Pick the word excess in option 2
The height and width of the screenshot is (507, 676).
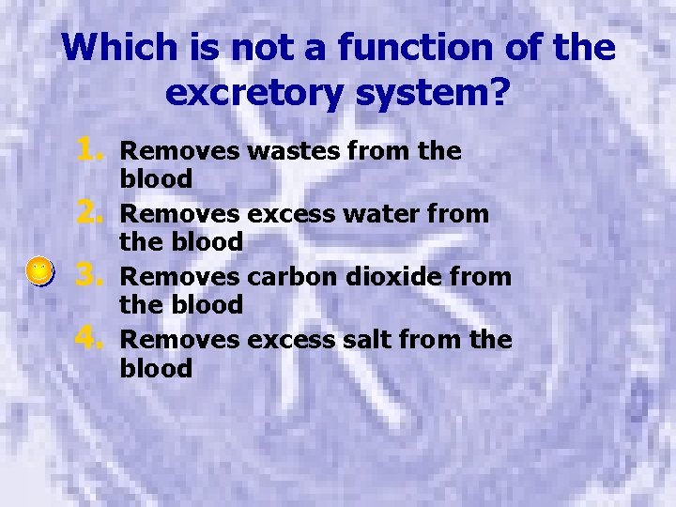[283, 213]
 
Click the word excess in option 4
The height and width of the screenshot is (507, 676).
[283, 339]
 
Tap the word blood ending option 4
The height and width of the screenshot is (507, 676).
[156, 368]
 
